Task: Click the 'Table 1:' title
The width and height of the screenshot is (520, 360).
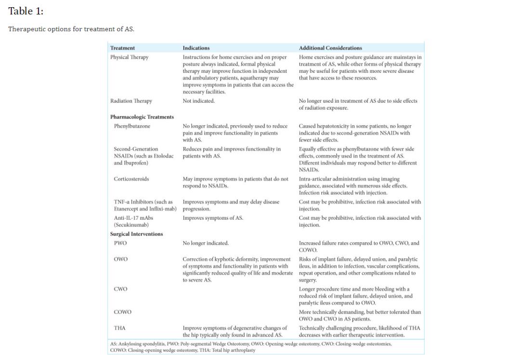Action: pyautogui.click(x=26, y=11)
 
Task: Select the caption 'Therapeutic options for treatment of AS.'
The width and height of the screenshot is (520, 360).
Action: pyautogui.click(x=71, y=29)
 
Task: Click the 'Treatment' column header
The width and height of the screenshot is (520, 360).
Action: pyautogui.click(x=122, y=48)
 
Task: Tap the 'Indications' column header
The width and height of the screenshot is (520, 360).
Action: pyautogui.click(x=196, y=48)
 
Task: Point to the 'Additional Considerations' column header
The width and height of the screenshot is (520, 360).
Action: pyautogui.click(x=330, y=48)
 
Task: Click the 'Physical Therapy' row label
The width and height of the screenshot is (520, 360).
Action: pyautogui.click(x=129, y=57)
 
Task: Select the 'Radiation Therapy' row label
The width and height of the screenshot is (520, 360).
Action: pyautogui.click(x=131, y=101)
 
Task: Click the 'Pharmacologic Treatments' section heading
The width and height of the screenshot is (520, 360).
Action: pyautogui.click(x=142, y=117)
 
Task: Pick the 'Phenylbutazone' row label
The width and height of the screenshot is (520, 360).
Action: pyautogui.click(x=132, y=126)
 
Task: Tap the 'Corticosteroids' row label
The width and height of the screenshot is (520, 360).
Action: pyautogui.click(x=131, y=179)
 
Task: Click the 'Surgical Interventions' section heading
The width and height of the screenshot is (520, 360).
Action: pyautogui.click(x=136, y=234)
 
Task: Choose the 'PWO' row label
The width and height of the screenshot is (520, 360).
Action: pyautogui.click(x=120, y=243)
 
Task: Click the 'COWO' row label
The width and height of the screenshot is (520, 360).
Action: pyautogui.click(x=122, y=312)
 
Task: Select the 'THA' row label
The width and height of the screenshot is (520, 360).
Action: pyautogui.click(x=119, y=328)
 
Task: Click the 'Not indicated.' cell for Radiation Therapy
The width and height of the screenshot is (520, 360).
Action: pyautogui.click(x=198, y=101)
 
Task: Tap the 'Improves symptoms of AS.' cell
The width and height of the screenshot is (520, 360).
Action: pyautogui.click(x=213, y=218)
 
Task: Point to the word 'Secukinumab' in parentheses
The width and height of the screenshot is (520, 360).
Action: pyautogui.click(x=131, y=225)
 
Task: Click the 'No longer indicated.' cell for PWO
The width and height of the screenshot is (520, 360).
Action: pyautogui.click(x=206, y=243)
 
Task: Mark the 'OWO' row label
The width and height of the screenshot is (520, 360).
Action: pyautogui.click(x=120, y=259)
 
